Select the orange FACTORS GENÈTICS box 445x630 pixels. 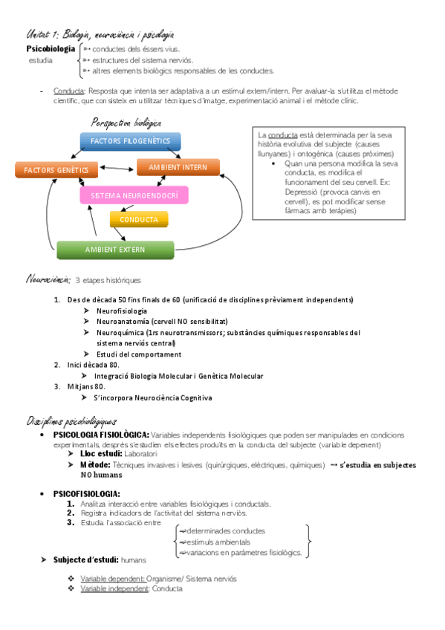click(56, 170)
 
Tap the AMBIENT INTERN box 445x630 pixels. click(178, 167)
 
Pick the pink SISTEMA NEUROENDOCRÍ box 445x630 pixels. click(134, 196)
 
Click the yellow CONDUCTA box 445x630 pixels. click(138, 220)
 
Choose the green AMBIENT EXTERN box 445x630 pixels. click(114, 249)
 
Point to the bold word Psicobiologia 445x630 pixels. click(51, 49)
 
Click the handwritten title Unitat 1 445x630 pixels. click(42, 34)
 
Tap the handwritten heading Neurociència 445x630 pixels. click(48, 279)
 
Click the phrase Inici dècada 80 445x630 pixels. click(92, 366)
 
